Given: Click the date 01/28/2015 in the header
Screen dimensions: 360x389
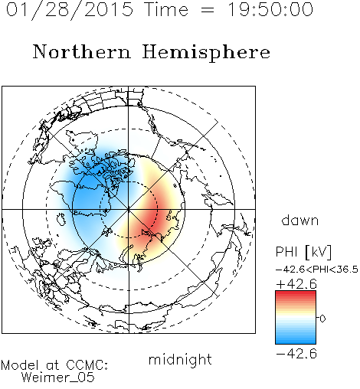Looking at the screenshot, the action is tap(70, 10).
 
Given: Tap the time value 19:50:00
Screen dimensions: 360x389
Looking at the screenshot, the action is tap(270, 9).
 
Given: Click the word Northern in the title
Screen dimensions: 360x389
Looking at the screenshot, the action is tap(82, 52).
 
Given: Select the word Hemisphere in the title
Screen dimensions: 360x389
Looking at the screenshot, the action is tap(206, 53).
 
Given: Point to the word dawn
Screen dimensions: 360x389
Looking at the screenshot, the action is tap(300, 220).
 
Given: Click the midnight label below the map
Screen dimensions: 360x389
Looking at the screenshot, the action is tap(180, 360).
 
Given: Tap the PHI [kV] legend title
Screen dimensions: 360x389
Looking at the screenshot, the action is tap(303, 252).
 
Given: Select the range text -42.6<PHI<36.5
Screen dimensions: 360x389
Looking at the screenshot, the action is tap(317, 270).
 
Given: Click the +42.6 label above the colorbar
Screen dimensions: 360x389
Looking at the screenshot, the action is tap(296, 284).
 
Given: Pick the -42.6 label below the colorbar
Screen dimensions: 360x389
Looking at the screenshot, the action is tap(296, 354).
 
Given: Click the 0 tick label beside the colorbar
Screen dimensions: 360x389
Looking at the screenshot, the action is tap(322, 319).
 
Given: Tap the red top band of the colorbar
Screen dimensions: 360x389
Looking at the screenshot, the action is tap(296, 294).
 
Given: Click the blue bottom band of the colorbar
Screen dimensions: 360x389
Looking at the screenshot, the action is tap(296, 341).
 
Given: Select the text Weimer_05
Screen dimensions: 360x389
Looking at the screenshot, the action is tap(58, 378).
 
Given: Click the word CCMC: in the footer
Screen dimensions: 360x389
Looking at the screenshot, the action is tap(87, 365).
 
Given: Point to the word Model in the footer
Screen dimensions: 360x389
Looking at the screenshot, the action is tap(20, 365).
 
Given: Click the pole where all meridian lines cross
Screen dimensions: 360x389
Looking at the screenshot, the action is tap(129, 210).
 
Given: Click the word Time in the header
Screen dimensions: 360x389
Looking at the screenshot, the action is tap(166, 9).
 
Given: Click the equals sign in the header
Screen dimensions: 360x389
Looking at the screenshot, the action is tap(207, 10).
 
